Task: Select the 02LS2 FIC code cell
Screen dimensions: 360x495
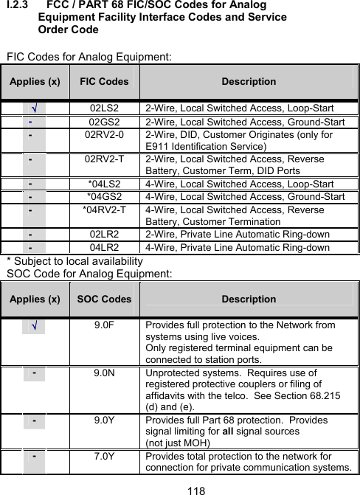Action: click(104, 107)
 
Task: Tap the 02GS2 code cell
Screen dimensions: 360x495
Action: click(104, 121)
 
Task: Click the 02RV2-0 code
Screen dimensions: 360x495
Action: click(104, 135)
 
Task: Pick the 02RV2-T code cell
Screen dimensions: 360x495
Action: click(104, 159)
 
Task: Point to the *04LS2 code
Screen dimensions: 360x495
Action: click(104, 182)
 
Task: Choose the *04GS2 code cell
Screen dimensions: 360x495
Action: click(104, 196)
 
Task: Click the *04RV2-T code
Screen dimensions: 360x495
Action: click(104, 210)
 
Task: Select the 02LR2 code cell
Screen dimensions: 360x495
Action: click(104, 233)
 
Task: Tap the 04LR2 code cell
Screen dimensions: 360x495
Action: click(104, 247)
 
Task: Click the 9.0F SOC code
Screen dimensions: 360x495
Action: click(104, 325)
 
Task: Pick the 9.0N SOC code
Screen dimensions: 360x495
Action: click(104, 374)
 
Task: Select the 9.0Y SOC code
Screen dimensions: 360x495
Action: click(104, 420)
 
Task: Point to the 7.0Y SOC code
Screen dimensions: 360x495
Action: click(104, 456)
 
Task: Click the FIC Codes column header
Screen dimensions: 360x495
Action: click(103, 82)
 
